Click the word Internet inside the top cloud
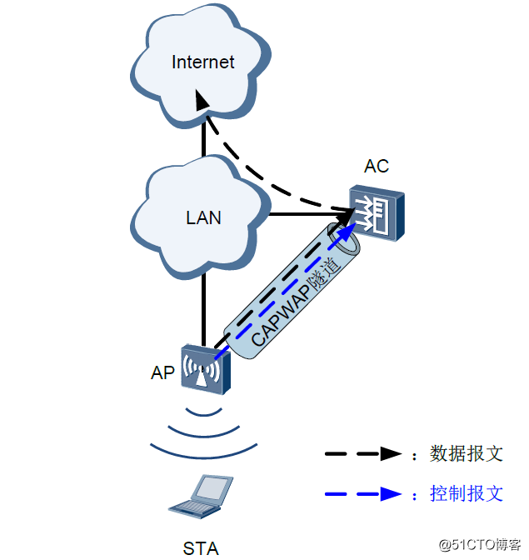[x=202, y=62]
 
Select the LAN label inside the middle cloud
[x=203, y=218]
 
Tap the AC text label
[x=376, y=166]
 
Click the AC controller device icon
[x=376, y=214]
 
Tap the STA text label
[x=201, y=547]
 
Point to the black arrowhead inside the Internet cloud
[x=201, y=101]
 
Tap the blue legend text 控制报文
[x=467, y=493]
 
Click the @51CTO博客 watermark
[x=479, y=545]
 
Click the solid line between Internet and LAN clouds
[x=202, y=142]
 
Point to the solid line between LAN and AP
[x=202, y=308]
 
